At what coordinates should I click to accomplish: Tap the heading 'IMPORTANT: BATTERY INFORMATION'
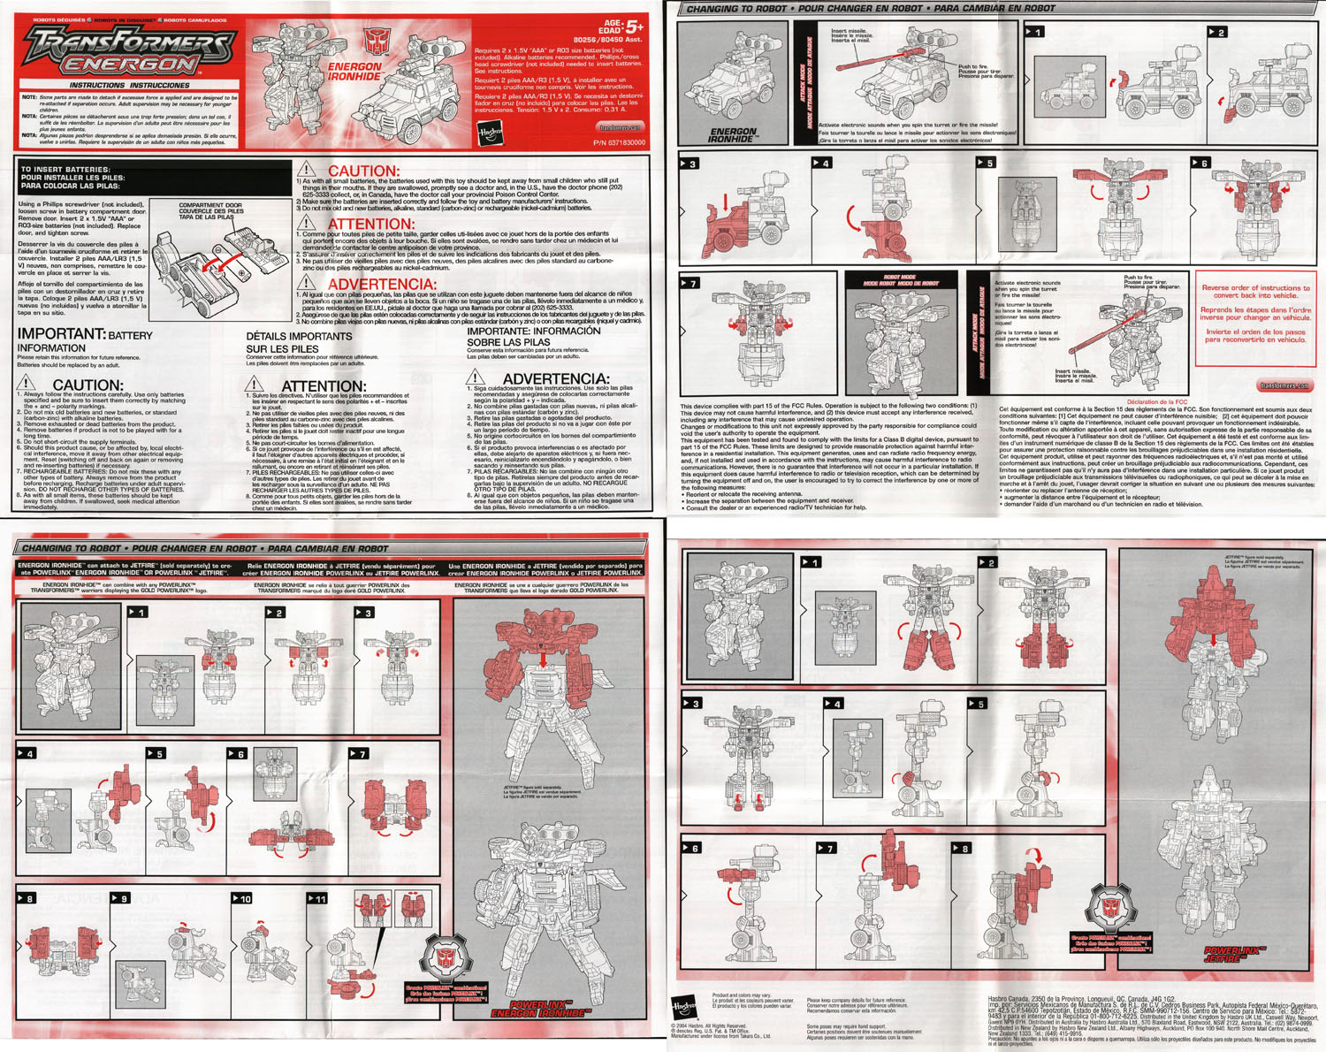tap(85, 340)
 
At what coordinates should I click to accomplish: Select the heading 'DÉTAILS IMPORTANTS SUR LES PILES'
tap(299, 342)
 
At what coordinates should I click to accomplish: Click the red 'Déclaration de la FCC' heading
tap(1156, 402)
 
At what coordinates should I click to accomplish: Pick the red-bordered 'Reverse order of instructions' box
tap(1255, 318)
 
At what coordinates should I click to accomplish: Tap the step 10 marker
tap(241, 898)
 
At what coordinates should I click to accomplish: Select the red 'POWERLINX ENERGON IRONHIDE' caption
tap(540, 1009)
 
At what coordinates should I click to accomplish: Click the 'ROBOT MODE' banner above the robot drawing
tap(901, 280)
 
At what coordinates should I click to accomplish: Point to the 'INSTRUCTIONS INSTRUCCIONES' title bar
tap(130, 86)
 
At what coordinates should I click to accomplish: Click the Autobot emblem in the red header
tap(374, 41)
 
